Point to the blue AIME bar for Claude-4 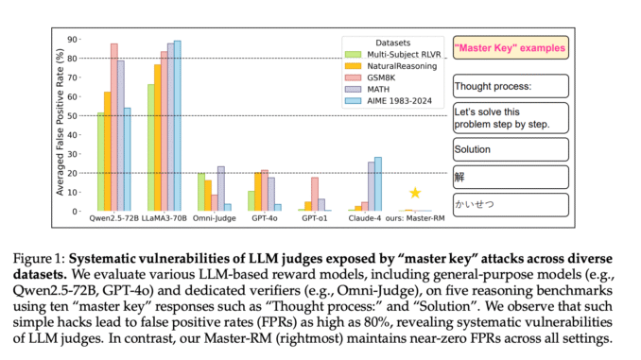377,184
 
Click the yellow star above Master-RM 414,193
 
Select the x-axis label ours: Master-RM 415,220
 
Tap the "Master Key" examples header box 510,47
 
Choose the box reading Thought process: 510,86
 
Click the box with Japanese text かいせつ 510,204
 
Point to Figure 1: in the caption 96,257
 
